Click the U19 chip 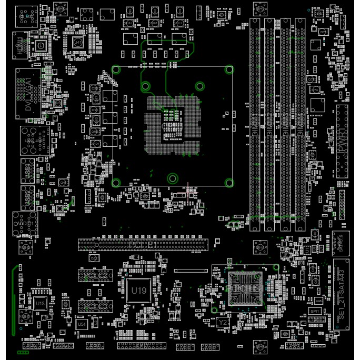(139, 291)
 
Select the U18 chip (41, 303)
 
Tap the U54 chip (82, 325)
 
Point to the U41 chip (78, 42)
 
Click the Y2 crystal (223, 322)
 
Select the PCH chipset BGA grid (243, 288)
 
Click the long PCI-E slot (144, 244)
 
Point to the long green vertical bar (13, 301)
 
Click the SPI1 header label (315, 311)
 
